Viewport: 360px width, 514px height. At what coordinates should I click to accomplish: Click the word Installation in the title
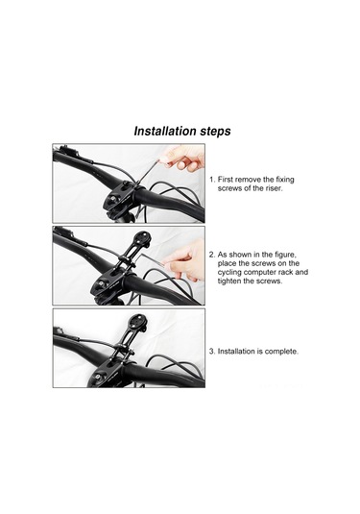pos(160,131)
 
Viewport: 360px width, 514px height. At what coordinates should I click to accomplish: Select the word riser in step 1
pos(273,188)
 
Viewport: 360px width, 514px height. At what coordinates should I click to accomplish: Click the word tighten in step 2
pos(229,281)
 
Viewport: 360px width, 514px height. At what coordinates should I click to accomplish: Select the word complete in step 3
pos(281,352)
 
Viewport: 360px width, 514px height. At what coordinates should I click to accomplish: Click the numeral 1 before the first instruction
pos(211,180)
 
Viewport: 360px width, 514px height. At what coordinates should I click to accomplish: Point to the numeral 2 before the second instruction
pos(212,255)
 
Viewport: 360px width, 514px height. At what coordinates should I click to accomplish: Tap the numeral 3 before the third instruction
pos(212,352)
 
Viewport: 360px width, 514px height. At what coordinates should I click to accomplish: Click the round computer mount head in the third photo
pos(137,322)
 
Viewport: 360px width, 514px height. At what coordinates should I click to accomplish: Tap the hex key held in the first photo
pos(149,171)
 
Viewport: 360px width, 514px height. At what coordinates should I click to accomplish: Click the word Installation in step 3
pos(236,352)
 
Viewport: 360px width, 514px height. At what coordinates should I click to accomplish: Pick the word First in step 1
pos(225,180)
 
